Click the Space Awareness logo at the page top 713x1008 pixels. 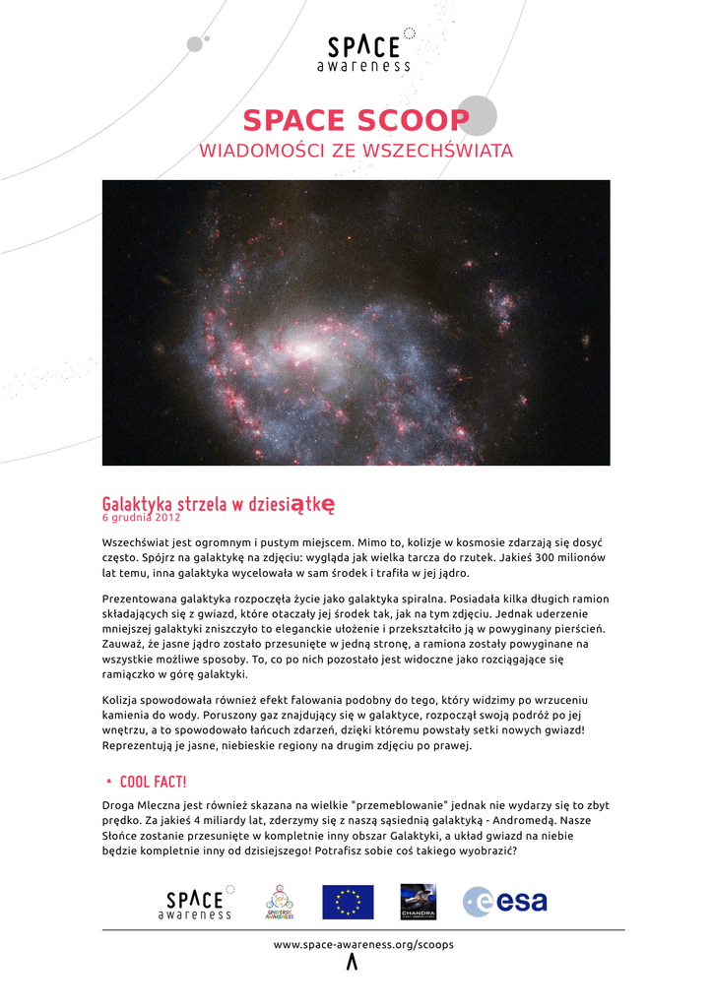pyautogui.click(x=364, y=52)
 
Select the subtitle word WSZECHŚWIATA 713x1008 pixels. pyautogui.click(x=438, y=152)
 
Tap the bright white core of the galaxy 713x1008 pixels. pyautogui.click(x=305, y=350)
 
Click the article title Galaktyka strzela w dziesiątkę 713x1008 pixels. pyautogui.click(x=219, y=503)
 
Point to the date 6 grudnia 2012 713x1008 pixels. pyautogui.click(x=141, y=518)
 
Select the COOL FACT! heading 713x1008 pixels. pyautogui.click(x=153, y=782)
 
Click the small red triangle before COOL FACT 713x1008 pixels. pyautogui.click(x=107, y=781)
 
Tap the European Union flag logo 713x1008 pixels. pyautogui.click(x=348, y=902)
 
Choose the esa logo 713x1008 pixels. pyautogui.click(x=505, y=901)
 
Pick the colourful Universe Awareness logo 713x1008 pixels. pyautogui.click(x=280, y=902)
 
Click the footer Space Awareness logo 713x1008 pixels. pyautogui.click(x=197, y=902)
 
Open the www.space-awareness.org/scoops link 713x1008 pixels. pyautogui.click(x=363, y=944)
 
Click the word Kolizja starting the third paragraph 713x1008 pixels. pyautogui.click(x=123, y=699)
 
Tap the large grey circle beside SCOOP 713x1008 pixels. pyautogui.click(x=477, y=115)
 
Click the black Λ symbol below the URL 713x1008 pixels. pyautogui.click(x=352, y=964)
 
